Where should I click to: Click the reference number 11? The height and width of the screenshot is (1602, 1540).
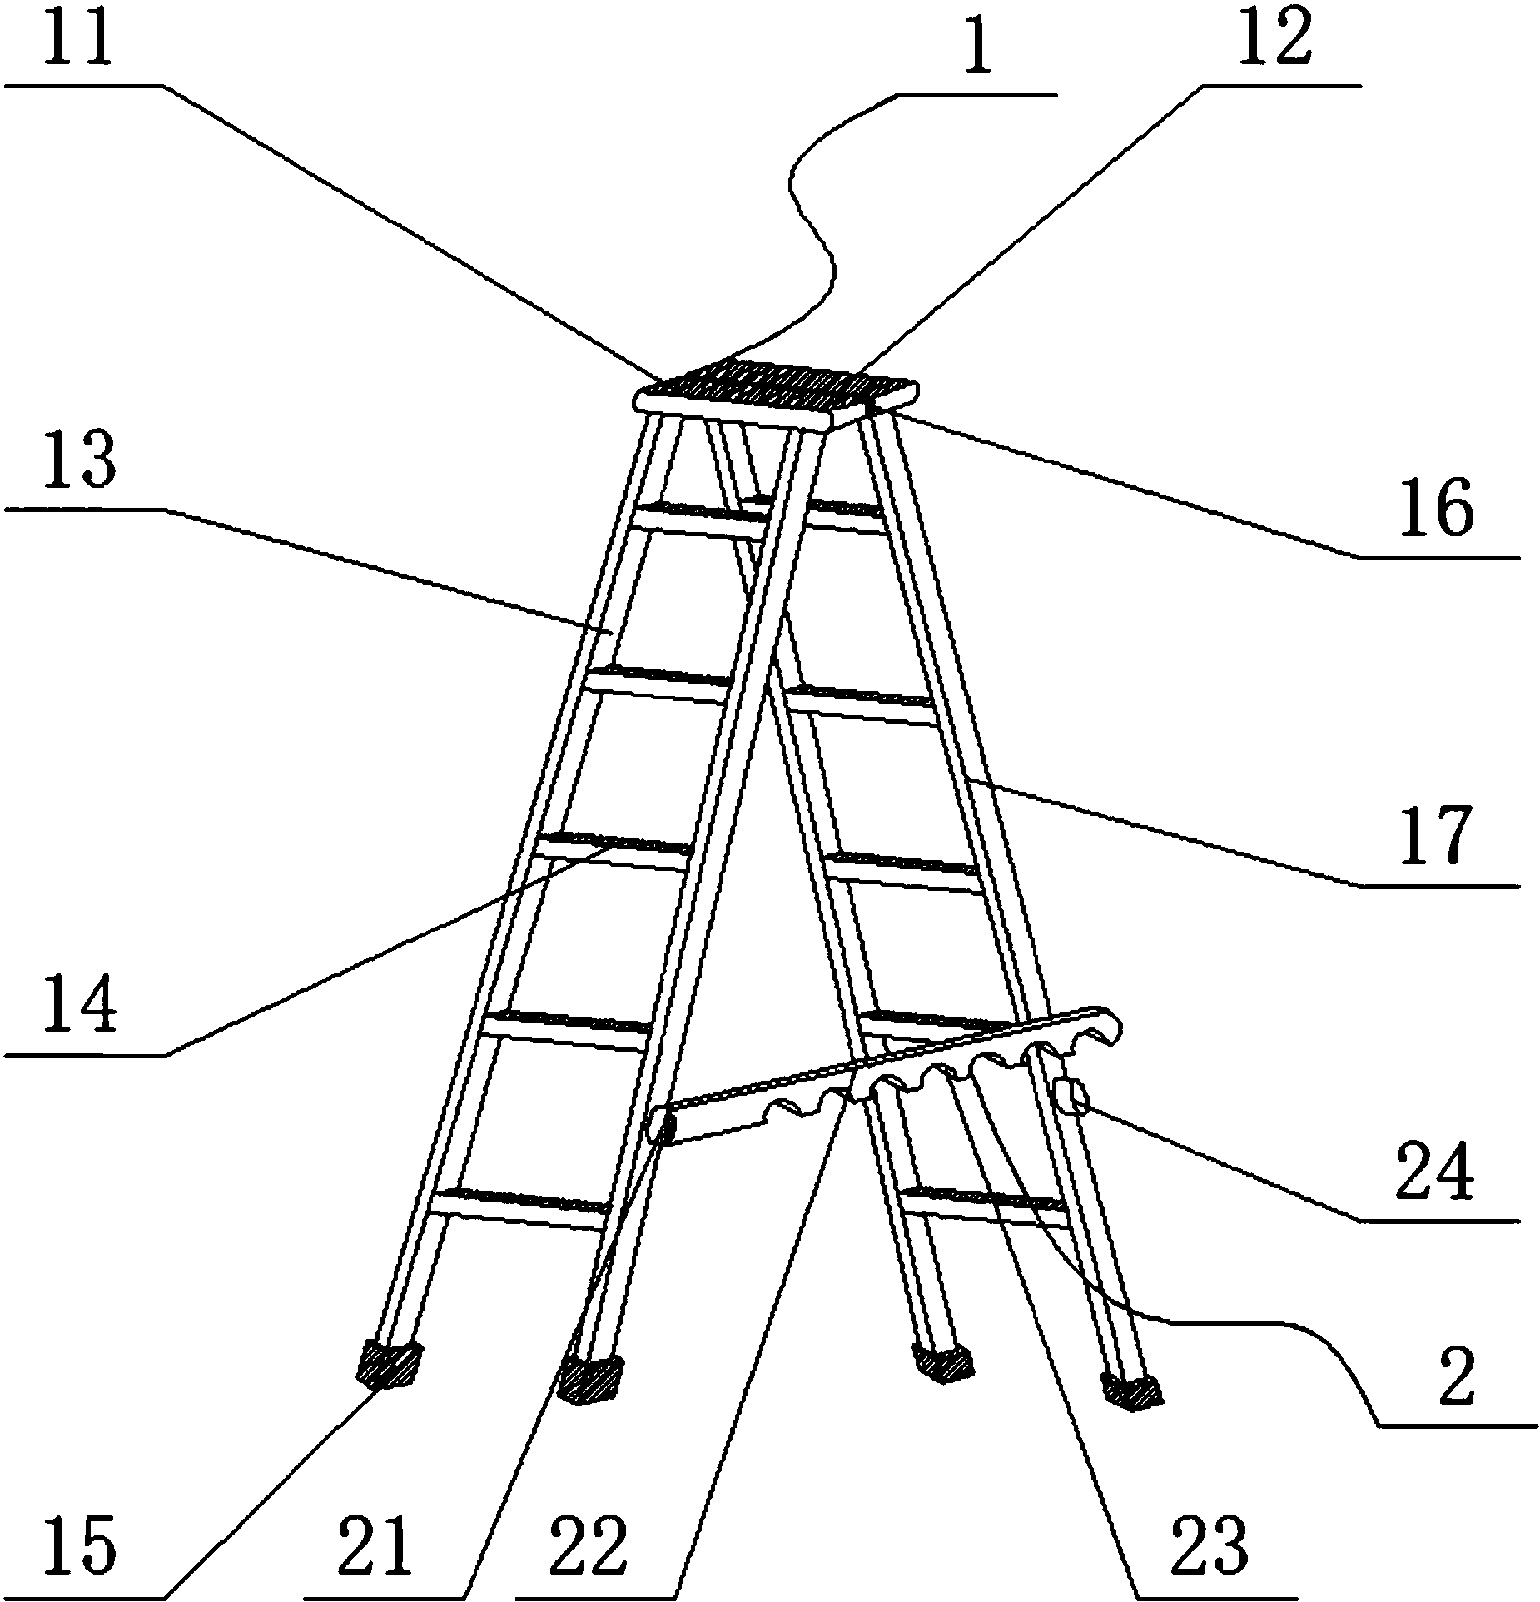[x=78, y=37]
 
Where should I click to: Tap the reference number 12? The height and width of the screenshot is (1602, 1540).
[x=1274, y=37]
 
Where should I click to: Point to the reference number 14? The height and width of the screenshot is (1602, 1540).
[x=78, y=1007]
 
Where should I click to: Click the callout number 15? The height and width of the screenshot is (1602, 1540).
[x=78, y=1545]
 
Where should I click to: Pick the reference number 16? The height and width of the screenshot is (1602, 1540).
[x=1436, y=509]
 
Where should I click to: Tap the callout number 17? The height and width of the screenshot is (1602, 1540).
[x=1436, y=836]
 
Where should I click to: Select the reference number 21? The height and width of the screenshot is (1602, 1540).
[x=375, y=1545]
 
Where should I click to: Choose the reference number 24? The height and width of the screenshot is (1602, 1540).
[x=1436, y=1169]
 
